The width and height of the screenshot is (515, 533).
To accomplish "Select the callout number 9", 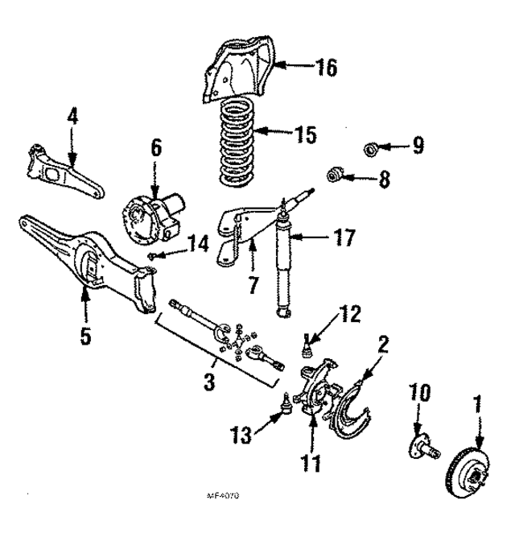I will (417, 146).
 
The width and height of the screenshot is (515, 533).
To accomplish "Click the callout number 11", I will (311, 463).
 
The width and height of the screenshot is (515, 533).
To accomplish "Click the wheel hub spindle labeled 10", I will (422, 444).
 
